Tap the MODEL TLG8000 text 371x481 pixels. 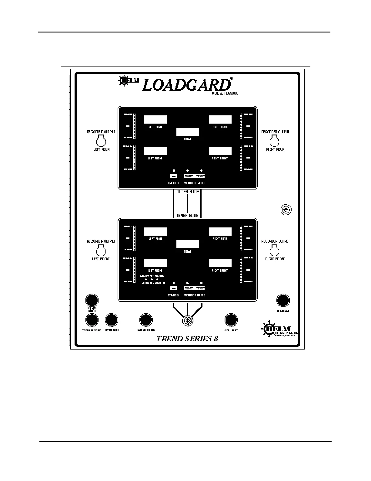pos(225,94)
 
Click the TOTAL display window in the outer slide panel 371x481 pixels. pos(188,132)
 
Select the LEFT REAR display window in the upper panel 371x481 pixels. pos(155,119)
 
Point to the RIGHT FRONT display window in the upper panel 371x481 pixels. pos(220,151)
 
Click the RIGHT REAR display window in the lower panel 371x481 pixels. pos(220,231)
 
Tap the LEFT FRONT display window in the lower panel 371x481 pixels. pos(155,263)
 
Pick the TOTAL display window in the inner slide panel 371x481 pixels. pos(188,244)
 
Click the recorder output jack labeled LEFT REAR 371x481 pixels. pos(101,141)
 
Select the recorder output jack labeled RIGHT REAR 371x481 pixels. pos(275,141)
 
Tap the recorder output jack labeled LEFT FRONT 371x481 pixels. pos(101,250)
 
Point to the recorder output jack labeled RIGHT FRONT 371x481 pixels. pos(275,250)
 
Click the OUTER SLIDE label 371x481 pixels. pos(188,192)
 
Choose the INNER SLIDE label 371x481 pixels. pos(188,216)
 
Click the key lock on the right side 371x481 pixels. pos(286,210)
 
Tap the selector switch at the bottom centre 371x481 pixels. pos(188,321)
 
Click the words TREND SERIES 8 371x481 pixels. pos(187,339)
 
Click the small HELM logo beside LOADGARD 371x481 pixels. pos(129,80)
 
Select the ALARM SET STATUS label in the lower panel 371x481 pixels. pos(152,276)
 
